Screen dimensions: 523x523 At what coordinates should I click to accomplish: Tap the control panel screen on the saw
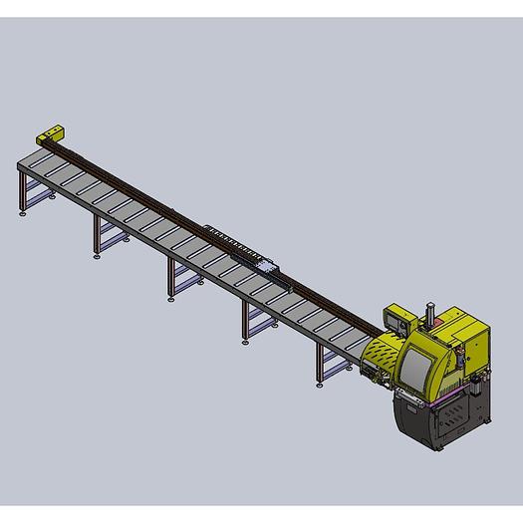[397, 321]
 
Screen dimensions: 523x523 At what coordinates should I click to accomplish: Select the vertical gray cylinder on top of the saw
[429, 312]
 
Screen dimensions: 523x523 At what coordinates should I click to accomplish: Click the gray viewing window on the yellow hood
[415, 367]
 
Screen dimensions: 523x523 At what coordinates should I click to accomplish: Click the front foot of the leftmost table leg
[22, 212]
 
